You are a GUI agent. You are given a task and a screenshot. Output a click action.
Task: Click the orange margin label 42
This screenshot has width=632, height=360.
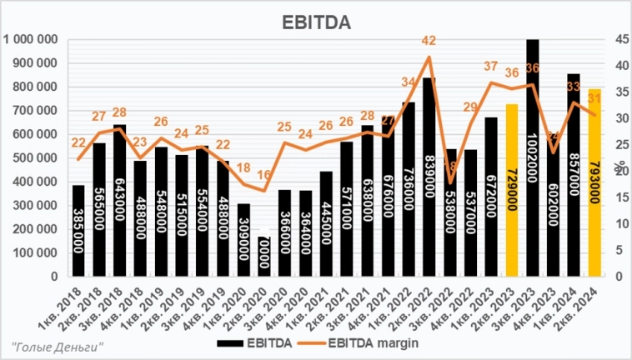coord(429,41)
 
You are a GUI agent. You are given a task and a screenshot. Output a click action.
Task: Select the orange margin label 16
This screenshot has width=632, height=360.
coord(263,176)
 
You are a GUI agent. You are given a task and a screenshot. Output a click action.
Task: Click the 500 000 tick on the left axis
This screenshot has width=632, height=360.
coord(34,157)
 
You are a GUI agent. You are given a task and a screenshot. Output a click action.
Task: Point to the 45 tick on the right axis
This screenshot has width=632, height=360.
coord(622,39)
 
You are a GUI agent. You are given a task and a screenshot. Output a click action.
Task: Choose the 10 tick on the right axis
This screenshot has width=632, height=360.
coord(622,223)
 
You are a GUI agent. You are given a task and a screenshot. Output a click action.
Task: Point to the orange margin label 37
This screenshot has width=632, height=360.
coord(491,67)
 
